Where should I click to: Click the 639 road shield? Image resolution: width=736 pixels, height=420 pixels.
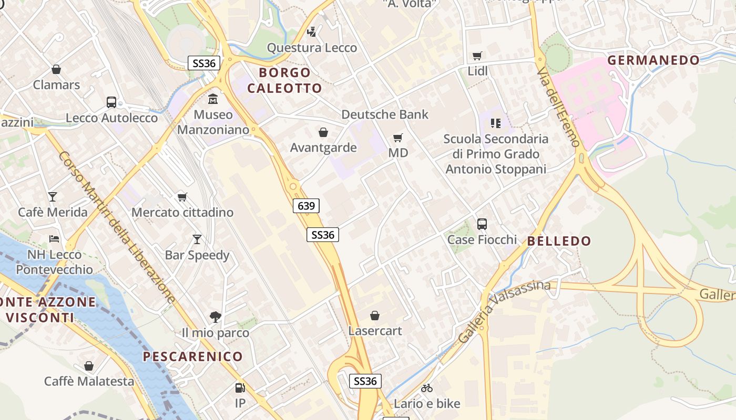tap(306, 206)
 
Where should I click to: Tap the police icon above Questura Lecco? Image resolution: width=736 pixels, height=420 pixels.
tap(312, 32)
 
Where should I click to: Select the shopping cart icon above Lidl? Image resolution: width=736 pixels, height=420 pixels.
tap(477, 56)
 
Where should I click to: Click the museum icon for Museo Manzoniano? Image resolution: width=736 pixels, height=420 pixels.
tap(213, 98)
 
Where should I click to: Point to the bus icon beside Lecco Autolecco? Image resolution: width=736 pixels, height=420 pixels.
tap(111, 102)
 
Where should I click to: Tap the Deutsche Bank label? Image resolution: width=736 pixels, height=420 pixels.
tap(385, 114)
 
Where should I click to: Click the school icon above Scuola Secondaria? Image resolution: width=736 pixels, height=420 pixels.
tap(495, 123)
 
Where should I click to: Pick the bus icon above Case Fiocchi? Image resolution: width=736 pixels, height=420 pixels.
tap(482, 224)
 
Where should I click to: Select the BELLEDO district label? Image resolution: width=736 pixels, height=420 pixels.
tap(559, 241)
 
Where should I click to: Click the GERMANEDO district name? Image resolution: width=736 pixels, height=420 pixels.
tap(653, 60)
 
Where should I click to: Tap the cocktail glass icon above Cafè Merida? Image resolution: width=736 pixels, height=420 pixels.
tap(53, 197)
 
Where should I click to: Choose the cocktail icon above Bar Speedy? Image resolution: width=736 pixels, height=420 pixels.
tap(197, 239)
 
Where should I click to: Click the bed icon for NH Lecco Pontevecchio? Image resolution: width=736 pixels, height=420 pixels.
tap(54, 239)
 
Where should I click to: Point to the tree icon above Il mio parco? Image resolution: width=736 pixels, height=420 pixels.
tap(215, 317)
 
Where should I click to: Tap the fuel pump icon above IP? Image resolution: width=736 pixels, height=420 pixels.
tap(240, 388)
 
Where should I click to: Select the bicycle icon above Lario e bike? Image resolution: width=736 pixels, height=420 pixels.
tap(427, 388)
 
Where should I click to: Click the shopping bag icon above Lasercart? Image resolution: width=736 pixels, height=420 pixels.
tap(375, 316)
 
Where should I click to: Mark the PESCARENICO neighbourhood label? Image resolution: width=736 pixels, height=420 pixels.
tap(193, 357)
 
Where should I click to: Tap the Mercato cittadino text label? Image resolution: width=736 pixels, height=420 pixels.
tap(182, 213)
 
